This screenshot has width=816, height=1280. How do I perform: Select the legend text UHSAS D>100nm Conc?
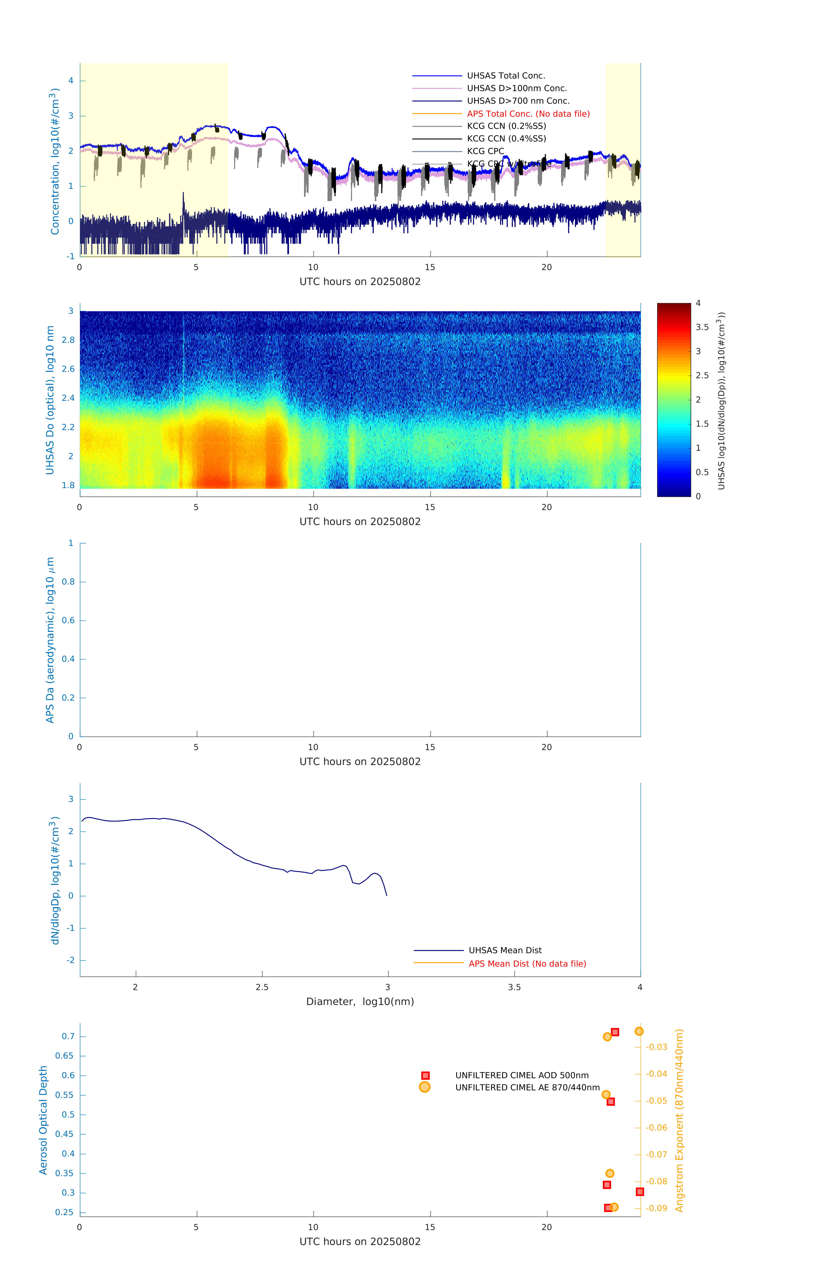tap(517, 88)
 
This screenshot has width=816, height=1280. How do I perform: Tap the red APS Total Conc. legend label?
tap(528, 114)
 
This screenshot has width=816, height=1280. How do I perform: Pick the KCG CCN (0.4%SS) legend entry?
tap(506, 139)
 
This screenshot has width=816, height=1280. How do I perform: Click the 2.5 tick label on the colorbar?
tap(702, 375)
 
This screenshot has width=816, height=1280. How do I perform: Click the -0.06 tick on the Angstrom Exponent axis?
tap(656, 1127)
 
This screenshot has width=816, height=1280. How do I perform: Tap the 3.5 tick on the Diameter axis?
tap(514, 987)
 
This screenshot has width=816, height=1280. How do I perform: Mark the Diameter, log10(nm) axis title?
tap(360, 1001)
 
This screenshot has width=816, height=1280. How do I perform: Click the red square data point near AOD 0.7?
tap(615, 1032)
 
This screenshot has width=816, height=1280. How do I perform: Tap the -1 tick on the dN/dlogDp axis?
tap(70, 928)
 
